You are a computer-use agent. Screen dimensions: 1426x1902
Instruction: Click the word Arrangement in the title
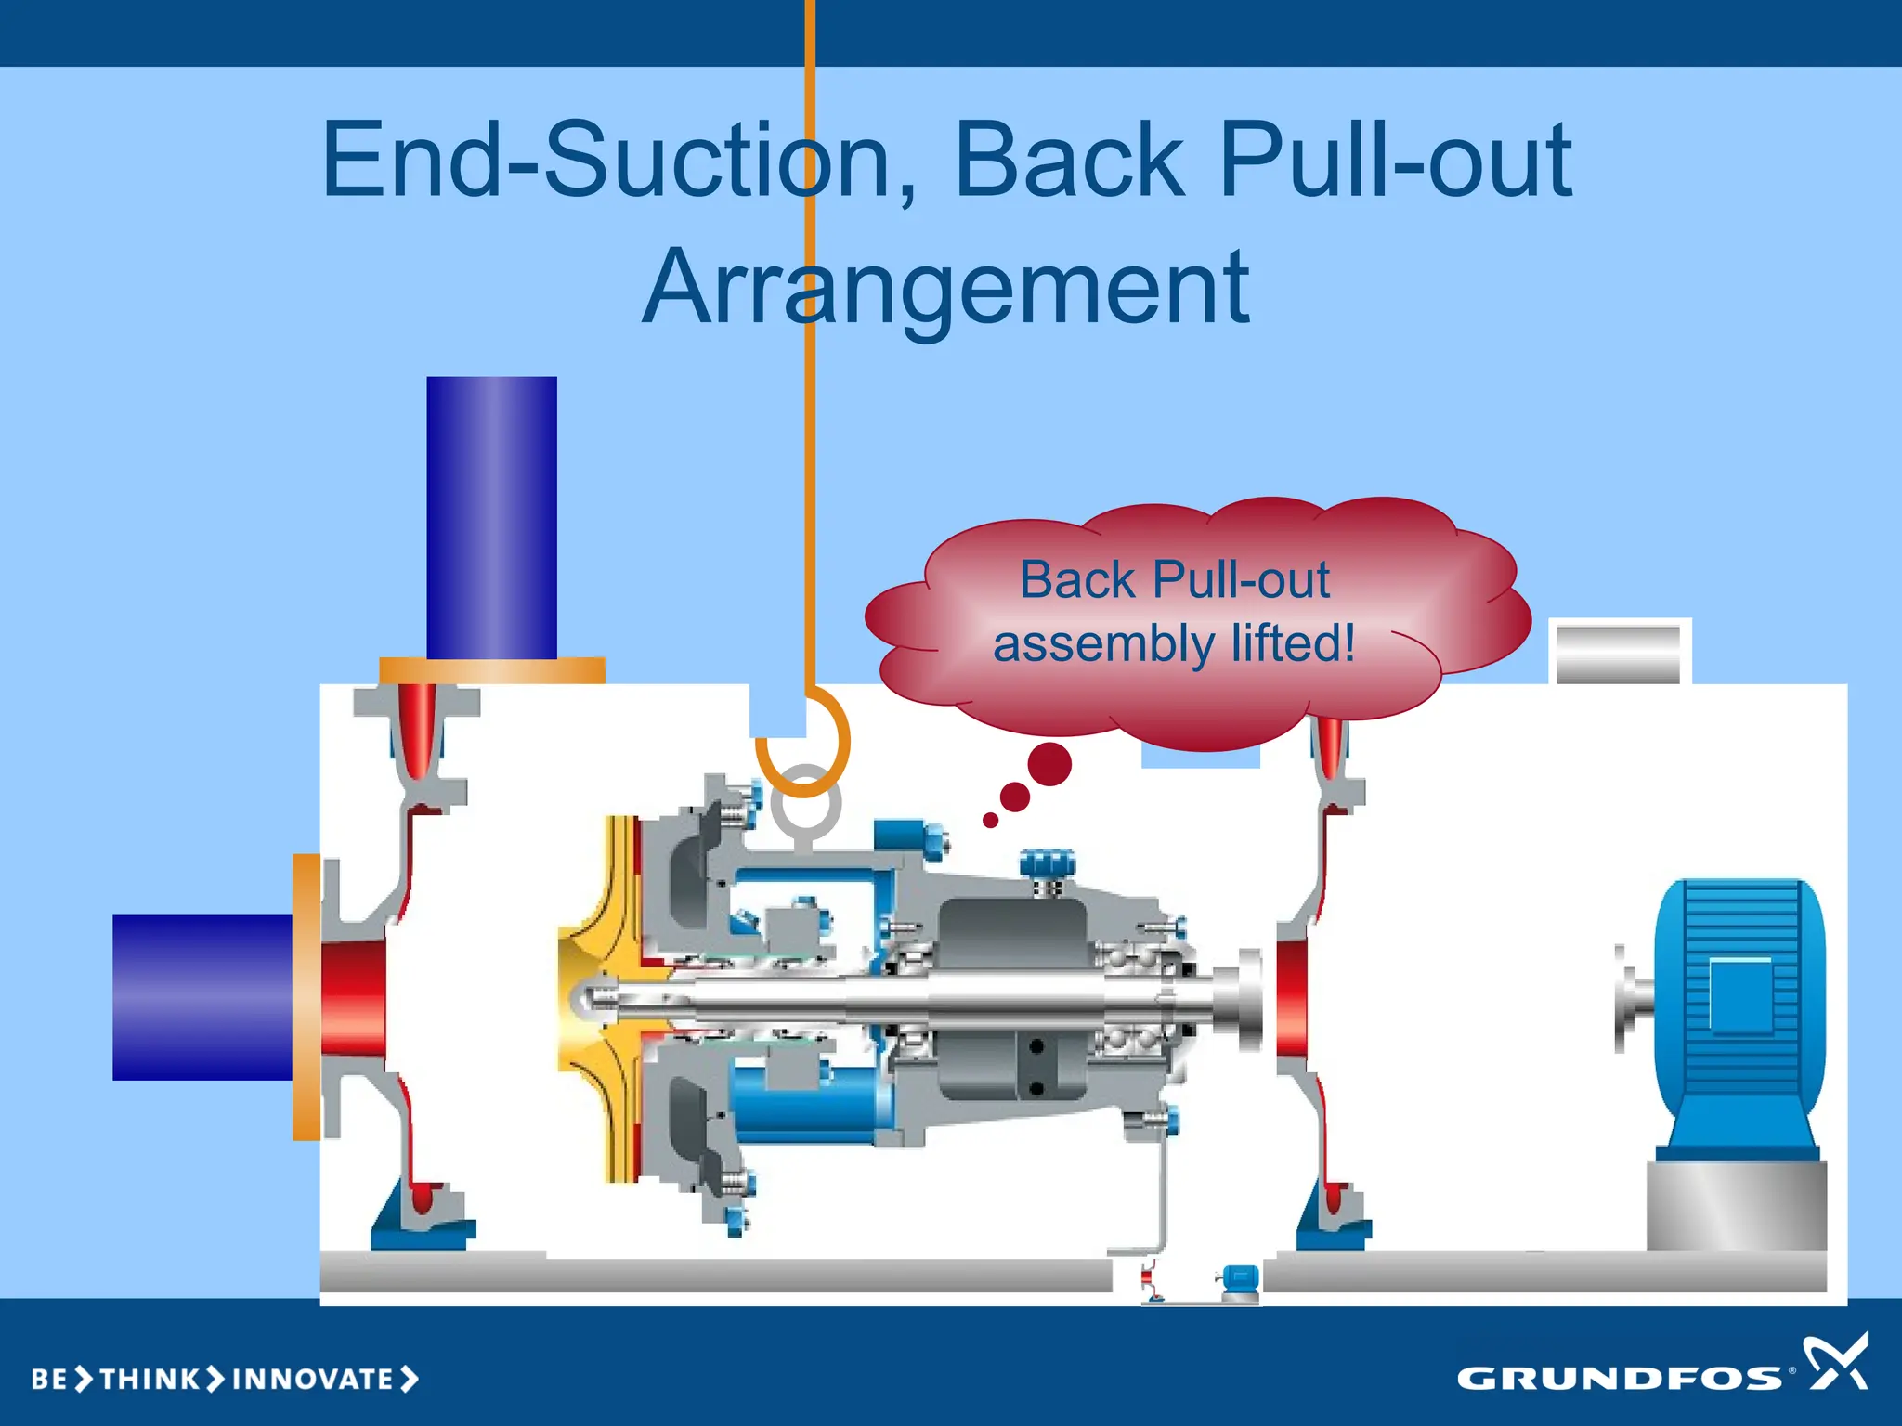tap(945, 288)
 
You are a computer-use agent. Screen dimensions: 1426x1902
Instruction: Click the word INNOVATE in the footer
tap(313, 1379)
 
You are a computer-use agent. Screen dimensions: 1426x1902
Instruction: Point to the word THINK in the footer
tap(150, 1379)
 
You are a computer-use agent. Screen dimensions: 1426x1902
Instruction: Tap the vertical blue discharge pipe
tap(491, 516)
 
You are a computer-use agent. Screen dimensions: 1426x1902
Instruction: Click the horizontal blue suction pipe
tap(202, 997)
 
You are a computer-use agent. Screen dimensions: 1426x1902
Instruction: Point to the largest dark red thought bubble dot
tap(1049, 764)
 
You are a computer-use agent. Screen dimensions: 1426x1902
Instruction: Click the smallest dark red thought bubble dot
tap(991, 820)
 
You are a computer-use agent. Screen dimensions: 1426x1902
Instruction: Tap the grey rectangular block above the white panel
tap(1618, 655)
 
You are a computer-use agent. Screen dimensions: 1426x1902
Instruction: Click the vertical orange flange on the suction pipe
tap(306, 997)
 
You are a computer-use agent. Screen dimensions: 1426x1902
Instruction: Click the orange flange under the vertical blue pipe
tap(492, 670)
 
